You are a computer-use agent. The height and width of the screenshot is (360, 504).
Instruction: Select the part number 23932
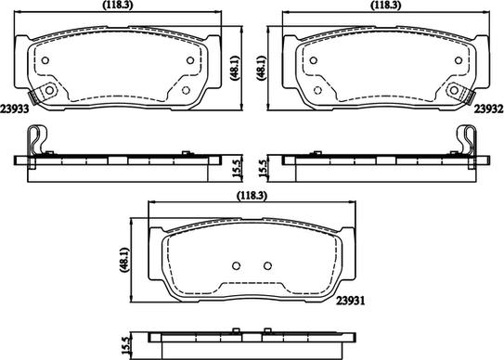[x=489, y=108]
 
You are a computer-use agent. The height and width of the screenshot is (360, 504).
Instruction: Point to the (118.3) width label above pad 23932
[x=383, y=6]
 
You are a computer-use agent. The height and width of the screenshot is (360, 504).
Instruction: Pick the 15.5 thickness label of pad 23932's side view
[x=265, y=168]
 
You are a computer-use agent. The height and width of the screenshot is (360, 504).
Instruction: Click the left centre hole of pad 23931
[x=236, y=266]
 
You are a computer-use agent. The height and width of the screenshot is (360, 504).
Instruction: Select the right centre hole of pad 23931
[x=267, y=266]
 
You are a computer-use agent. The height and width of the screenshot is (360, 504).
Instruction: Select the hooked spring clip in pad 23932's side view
[x=469, y=141]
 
